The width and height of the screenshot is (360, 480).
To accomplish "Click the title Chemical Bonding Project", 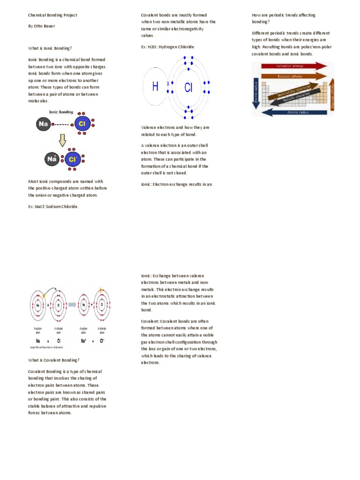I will (52, 15).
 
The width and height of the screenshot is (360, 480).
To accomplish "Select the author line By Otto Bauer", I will (42, 26).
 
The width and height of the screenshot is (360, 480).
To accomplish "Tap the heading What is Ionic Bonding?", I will (50, 48).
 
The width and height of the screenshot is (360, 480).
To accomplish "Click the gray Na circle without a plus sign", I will (43, 124).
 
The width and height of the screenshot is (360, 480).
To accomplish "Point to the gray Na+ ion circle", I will (52, 159).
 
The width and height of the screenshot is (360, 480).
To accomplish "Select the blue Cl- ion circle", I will (73, 159).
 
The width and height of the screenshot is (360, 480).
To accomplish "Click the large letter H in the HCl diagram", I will (155, 87).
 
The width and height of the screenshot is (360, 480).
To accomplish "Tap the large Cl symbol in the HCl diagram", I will (188, 88).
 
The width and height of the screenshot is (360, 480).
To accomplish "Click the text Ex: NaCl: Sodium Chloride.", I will (54, 206).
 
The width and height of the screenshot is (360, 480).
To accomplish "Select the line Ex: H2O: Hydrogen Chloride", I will (167, 47).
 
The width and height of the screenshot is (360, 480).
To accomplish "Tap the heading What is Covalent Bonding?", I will (54, 360).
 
